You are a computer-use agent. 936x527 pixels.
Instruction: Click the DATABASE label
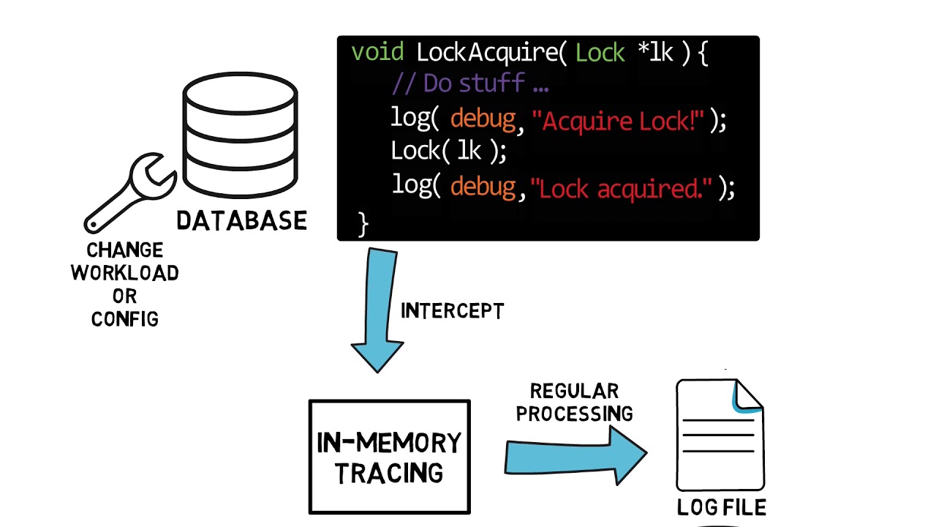pos(241,220)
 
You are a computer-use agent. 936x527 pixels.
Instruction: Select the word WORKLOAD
pos(124,273)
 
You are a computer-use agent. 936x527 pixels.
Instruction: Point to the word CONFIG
pos(124,318)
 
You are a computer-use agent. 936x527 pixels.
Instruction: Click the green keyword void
pos(377,53)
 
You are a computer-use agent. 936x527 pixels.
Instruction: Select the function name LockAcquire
pos(485,53)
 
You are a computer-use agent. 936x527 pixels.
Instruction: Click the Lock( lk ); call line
pos(448,151)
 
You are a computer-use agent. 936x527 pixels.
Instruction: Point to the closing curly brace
pos(363,223)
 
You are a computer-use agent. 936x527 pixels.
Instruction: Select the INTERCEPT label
pos(452,311)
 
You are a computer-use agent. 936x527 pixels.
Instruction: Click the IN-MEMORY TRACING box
pos(389,457)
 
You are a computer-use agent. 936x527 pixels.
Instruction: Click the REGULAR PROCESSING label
pos(574,403)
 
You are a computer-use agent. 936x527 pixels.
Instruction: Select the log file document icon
pos(720,435)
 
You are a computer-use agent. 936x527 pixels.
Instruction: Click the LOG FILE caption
pos(721,507)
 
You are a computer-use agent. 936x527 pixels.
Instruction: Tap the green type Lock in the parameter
pos(600,53)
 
